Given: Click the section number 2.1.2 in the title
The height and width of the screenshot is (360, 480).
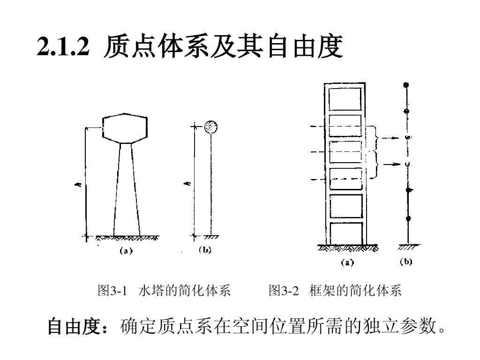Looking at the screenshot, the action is pos(63,47).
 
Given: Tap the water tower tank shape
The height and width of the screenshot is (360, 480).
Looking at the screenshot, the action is pos(125,127).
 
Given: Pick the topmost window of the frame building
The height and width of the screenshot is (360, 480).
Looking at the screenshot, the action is pos(345,98).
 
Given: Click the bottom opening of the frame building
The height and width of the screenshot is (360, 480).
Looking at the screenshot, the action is pos(346,233).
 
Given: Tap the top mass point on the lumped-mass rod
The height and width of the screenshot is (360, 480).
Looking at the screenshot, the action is pos(406,85).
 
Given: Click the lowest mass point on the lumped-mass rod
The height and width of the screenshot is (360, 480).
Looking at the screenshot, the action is pos(408,218).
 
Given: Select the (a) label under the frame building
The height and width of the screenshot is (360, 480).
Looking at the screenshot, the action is pos(347,262).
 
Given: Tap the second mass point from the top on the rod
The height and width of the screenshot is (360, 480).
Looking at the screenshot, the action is pos(407,111).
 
